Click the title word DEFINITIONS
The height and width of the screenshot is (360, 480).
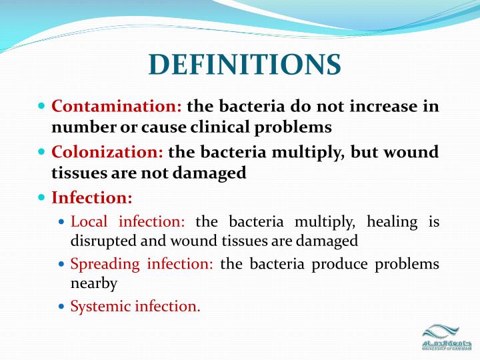coord(245,65)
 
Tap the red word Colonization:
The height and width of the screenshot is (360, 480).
coord(107,152)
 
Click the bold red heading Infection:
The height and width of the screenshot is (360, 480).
coord(92,198)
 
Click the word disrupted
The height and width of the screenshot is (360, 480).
coord(101,241)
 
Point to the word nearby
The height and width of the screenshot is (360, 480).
coord(94,283)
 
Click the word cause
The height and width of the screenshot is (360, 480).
coord(171,126)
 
